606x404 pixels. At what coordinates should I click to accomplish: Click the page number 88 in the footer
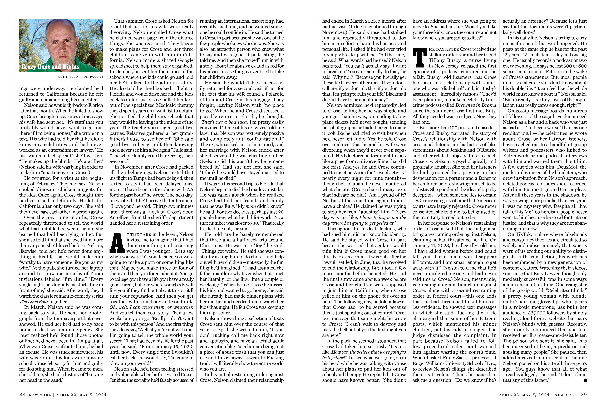coord(22,395)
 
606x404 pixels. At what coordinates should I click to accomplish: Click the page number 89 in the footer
coord(584,395)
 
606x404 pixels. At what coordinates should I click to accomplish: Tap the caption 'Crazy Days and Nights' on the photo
coord(51,67)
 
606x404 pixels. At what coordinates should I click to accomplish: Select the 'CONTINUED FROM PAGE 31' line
coord(80,77)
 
